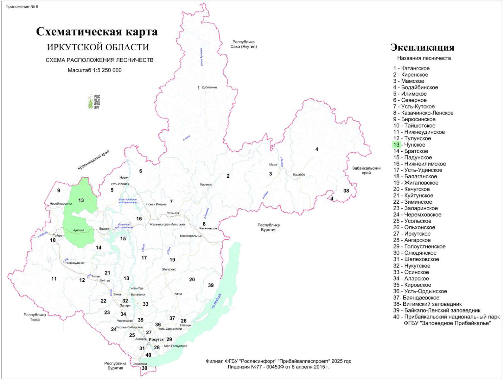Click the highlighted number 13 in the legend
[x=396, y=145]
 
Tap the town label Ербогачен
[x=209, y=87]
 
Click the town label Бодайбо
[x=299, y=174]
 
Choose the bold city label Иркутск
[x=156, y=339]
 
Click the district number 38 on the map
[x=346, y=191]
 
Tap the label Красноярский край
[x=94, y=160]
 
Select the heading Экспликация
[x=422, y=47]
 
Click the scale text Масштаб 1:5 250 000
[x=94, y=70]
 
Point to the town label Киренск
[x=206, y=184]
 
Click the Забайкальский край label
[x=367, y=170]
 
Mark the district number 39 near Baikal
[x=211, y=285]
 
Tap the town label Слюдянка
[x=140, y=364]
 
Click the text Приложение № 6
[x=22, y=6]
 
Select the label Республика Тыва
[x=35, y=317]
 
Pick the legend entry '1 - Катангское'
[x=411, y=68]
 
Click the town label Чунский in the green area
[x=78, y=230]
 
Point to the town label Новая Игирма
[x=156, y=204]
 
